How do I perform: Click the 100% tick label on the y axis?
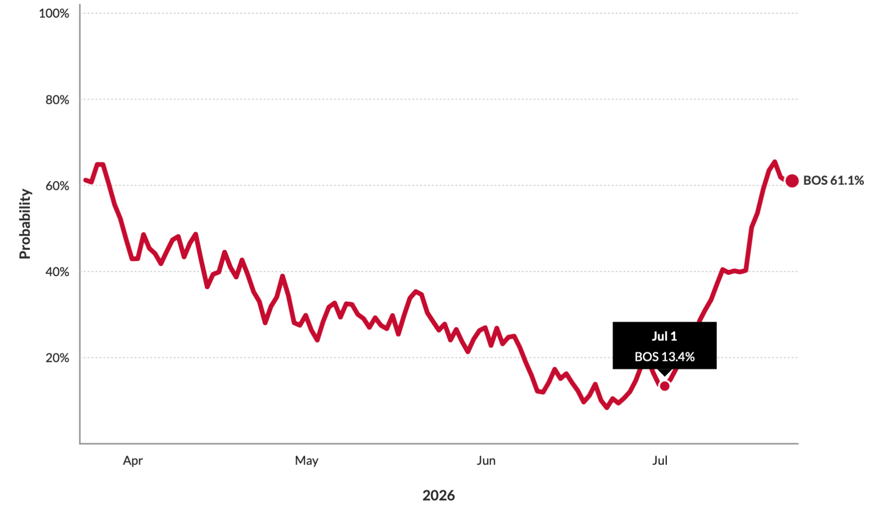point(54,13)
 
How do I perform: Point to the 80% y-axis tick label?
point(57,100)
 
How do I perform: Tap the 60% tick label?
point(57,186)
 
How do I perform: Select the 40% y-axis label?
point(57,272)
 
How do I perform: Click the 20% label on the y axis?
point(57,358)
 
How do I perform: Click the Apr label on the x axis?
point(133,461)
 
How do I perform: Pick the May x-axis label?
point(307,461)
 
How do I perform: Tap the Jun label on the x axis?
point(486,461)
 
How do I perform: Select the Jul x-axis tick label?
point(660,461)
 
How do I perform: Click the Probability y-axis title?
point(25,224)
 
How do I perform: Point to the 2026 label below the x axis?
point(439,496)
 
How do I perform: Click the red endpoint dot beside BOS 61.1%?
point(792,181)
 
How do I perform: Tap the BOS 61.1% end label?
point(833,181)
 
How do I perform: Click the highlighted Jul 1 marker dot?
point(664,386)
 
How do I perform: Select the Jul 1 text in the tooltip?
point(664,336)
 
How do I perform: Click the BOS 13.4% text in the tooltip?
point(664,357)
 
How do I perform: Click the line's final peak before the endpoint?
point(775,162)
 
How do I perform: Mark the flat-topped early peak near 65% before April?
point(100,165)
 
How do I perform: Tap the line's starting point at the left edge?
point(85,180)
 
